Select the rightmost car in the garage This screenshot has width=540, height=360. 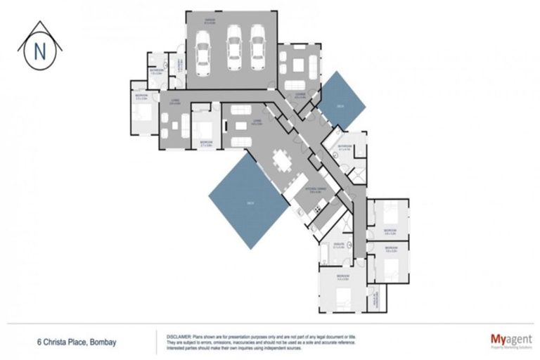coord(258,49)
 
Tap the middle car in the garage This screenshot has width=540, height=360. coord(233,49)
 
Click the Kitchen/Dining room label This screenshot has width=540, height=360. coord(314,190)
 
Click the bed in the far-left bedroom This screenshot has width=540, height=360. coord(143,113)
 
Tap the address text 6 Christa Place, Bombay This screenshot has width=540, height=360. coord(77,342)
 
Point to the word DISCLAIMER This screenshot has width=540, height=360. coord(179,335)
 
